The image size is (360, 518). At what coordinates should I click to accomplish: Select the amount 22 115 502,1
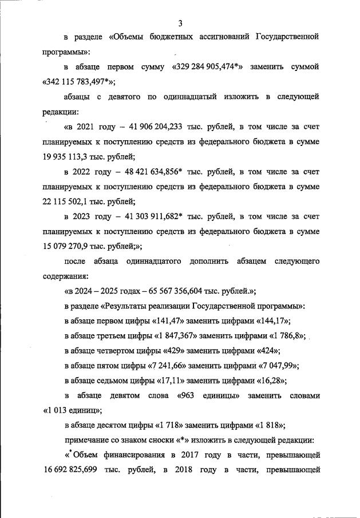[x=68, y=201]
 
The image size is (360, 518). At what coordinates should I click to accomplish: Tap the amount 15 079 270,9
[x=68, y=246]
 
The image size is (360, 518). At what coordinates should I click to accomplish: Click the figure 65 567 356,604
[x=178, y=291]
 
